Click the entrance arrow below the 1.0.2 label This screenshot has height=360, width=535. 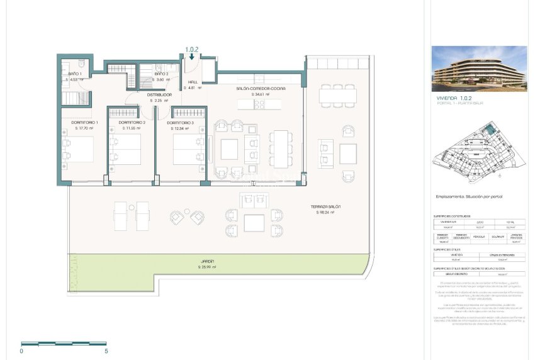(x=191, y=56)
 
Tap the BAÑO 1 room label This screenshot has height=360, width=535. (x=75, y=74)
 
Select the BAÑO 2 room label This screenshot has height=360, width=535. (x=162, y=74)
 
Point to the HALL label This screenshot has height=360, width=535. (x=193, y=82)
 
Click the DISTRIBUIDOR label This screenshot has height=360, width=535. (x=159, y=95)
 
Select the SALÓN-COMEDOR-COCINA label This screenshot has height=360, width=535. (x=261, y=89)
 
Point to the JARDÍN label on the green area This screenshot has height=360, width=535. (x=208, y=261)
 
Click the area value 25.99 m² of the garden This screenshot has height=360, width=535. (x=208, y=267)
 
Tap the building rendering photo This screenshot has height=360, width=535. (x=478, y=69)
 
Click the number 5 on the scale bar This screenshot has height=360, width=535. (x=106, y=351)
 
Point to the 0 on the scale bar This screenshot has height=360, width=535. (x=22, y=351)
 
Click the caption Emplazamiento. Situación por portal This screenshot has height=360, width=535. (x=469, y=196)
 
